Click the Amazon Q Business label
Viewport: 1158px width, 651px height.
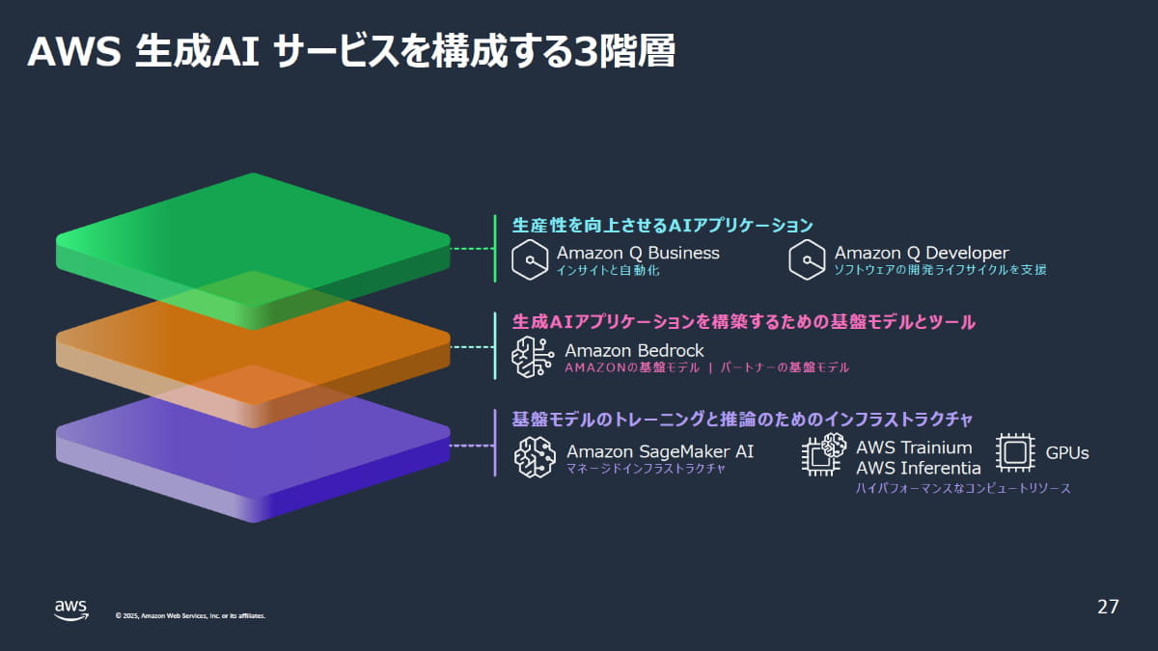pyautogui.click(x=638, y=253)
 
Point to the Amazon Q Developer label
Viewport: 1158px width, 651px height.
pyautogui.click(x=922, y=253)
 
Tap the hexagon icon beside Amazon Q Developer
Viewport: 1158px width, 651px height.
pyautogui.click(x=807, y=260)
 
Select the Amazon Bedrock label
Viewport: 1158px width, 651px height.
pyautogui.click(x=634, y=350)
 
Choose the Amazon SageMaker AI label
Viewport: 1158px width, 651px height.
pyautogui.click(x=660, y=451)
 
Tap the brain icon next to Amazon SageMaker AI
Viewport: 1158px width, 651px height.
pyautogui.click(x=535, y=457)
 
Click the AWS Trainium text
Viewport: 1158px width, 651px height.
pyautogui.click(x=914, y=448)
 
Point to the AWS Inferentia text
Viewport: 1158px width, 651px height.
pyautogui.click(x=918, y=468)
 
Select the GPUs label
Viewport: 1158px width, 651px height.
pyautogui.click(x=1067, y=452)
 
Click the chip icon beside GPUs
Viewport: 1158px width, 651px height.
pyautogui.click(x=1015, y=452)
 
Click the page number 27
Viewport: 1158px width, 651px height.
pyautogui.click(x=1108, y=607)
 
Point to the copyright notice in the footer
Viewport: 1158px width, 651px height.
pyautogui.click(x=190, y=615)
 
